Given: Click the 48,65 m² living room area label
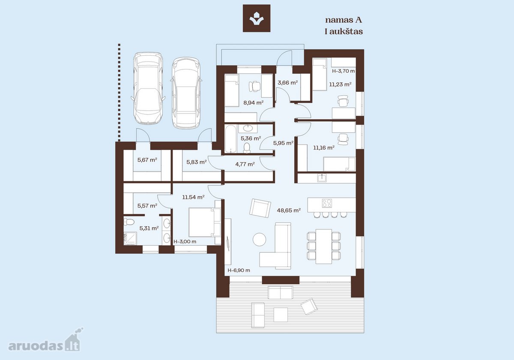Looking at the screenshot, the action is [x=289, y=210].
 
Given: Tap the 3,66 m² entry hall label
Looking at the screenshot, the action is [x=288, y=83].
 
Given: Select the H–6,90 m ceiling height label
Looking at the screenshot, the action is [x=239, y=270].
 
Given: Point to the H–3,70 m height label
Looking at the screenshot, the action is [x=343, y=71].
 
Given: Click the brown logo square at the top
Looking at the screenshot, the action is [x=257, y=18].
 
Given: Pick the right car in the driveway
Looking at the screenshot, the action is [x=186, y=93].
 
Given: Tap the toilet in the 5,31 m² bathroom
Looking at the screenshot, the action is [x=129, y=222].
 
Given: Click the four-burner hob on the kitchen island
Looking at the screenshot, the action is [x=327, y=203].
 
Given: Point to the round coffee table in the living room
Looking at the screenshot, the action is [x=259, y=240].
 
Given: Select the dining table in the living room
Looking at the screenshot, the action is [x=323, y=246].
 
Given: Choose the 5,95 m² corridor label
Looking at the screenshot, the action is [x=284, y=143].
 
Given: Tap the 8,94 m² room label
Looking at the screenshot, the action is [x=253, y=102].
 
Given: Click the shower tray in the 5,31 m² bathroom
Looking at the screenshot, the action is [x=130, y=238].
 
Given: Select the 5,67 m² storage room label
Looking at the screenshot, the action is [x=147, y=159].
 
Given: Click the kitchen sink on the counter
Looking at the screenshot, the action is [x=322, y=178].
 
